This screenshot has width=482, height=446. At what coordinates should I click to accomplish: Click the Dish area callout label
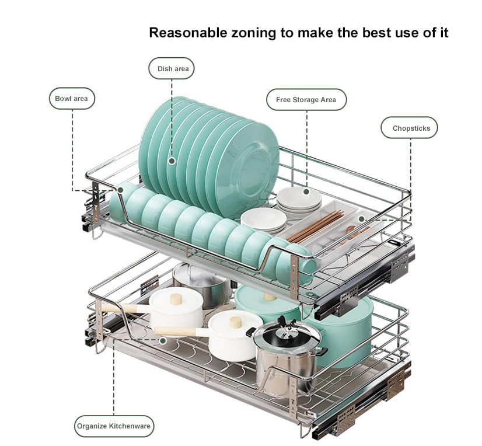172,68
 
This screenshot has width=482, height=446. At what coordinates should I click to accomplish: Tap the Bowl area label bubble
72,99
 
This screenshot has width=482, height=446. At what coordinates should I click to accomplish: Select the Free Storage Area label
306,100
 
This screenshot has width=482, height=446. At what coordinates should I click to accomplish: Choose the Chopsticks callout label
409,128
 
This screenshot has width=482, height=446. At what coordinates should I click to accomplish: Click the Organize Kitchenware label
114,426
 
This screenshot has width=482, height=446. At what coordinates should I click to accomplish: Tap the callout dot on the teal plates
172,161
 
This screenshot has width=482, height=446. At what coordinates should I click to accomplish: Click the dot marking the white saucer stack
306,191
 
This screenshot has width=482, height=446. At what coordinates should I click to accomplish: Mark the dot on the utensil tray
362,219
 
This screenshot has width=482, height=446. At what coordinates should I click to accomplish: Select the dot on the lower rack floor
163,340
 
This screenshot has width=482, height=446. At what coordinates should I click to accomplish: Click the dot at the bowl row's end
120,190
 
